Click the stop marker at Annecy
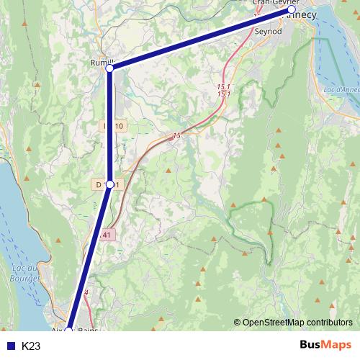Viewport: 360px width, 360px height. (x=292, y=11)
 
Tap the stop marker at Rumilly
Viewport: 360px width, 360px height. (x=109, y=69)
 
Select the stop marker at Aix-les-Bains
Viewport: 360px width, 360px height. (x=69, y=330)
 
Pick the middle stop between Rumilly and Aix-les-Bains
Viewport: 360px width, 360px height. (x=109, y=184)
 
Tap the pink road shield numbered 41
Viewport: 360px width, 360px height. (x=107, y=235)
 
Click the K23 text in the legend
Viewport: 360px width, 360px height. (x=31, y=346)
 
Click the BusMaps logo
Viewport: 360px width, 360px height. (x=325, y=346)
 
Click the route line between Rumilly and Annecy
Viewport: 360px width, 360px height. (x=202, y=40)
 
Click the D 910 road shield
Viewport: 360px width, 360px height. (x=113, y=127)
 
